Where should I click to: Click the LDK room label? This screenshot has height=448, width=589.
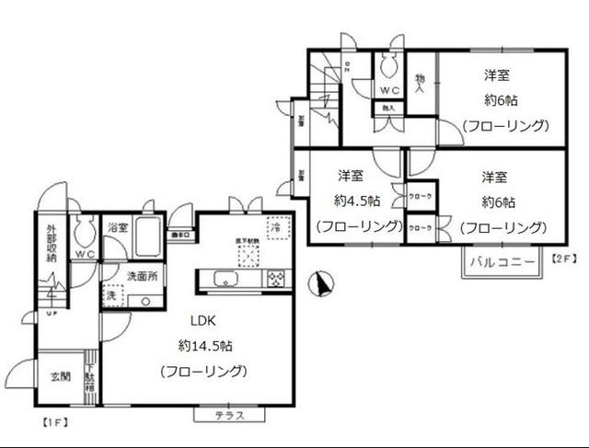203,322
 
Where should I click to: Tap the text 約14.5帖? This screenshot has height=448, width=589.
204,346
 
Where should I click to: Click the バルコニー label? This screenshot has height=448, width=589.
502,262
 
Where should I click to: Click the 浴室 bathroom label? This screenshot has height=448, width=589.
116,227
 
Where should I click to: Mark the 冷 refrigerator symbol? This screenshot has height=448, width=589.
275,226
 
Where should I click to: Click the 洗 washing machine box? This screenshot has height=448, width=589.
110,296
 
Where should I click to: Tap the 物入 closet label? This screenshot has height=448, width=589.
420,84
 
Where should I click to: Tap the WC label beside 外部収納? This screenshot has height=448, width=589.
85,254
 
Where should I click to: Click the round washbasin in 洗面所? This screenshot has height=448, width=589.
144,301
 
